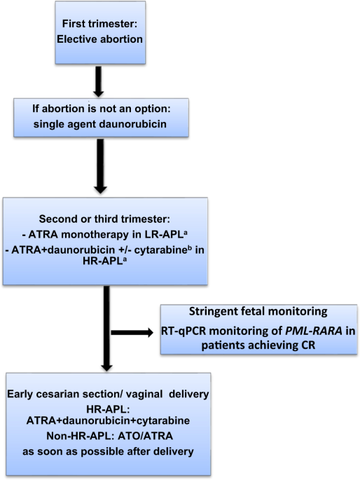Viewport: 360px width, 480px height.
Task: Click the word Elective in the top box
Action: point(76,36)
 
